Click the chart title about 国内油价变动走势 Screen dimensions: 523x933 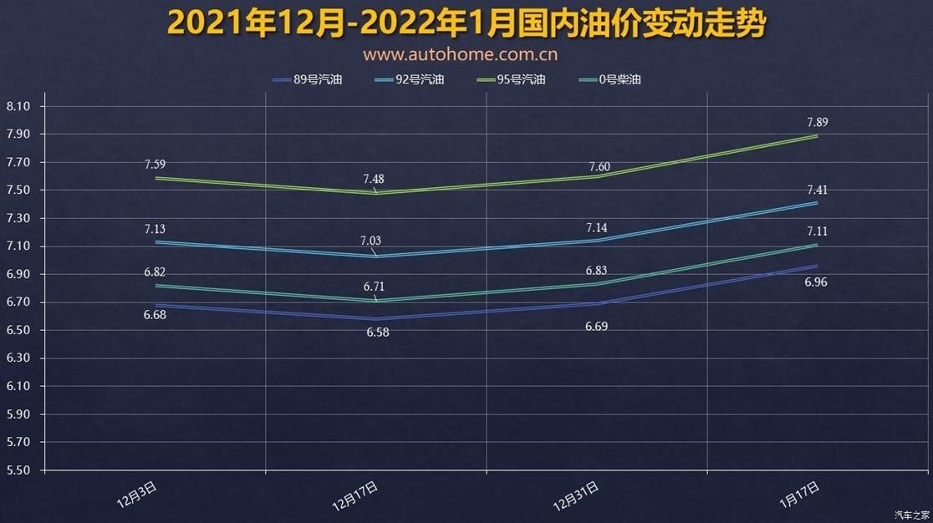tap(466, 23)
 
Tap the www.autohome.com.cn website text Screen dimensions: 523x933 tap(461, 55)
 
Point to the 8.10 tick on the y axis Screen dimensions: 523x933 tap(18, 107)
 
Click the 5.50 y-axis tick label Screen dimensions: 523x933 tap(18, 470)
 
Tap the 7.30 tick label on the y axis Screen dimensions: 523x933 tap(18, 219)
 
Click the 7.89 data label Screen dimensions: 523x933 tap(817, 123)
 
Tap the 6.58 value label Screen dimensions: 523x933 tap(377, 333)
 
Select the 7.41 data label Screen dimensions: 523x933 tap(817, 190)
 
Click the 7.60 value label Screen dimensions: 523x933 tap(599, 167)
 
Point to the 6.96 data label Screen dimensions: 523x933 tap(816, 282)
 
